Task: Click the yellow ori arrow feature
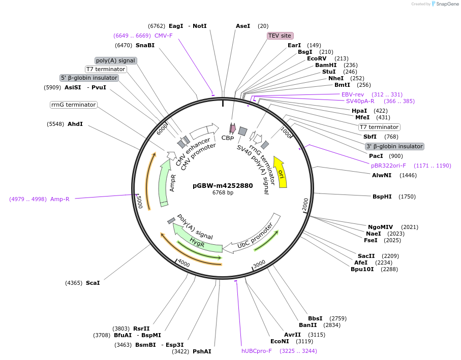[x=281, y=172]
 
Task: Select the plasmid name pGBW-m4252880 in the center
[x=223, y=185]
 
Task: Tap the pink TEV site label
[x=280, y=36]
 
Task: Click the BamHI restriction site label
[x=326, y=65]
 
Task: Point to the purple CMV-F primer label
[x=163, y=36]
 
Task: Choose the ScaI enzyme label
[x=93, y=283]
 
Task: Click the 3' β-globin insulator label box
[x=394, y=146]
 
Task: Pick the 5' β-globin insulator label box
[x=89, y=78]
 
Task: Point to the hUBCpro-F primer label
[x=257, y=351]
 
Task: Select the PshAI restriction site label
[x=202, y=351]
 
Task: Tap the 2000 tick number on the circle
[x=305, y=203]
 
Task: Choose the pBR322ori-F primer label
[x=389, y=166]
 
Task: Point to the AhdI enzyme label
[x=75, y=124]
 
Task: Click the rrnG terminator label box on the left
[x=74, y=105]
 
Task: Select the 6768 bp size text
[x=223, y=193]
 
